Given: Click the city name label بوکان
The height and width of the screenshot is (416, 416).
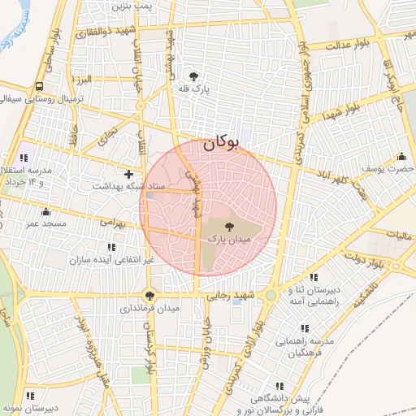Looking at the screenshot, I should click(220, 142).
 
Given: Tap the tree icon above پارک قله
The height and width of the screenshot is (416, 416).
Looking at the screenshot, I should click(193, 76).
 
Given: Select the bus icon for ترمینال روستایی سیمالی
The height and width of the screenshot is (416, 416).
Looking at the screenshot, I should click(39, 85).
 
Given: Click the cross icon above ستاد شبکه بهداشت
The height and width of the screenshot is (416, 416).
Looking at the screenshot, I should click(128, 173).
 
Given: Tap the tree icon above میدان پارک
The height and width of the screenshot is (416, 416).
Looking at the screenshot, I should click(230, 226).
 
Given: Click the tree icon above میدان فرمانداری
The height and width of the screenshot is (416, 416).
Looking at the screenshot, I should click(149, 295).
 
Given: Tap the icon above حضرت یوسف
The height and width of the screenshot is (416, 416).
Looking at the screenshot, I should click(401, 156).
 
